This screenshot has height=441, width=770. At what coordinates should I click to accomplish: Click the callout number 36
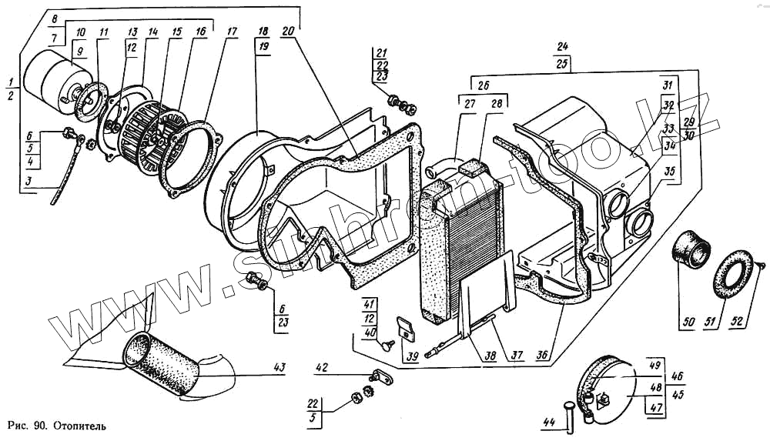point(543,355)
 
